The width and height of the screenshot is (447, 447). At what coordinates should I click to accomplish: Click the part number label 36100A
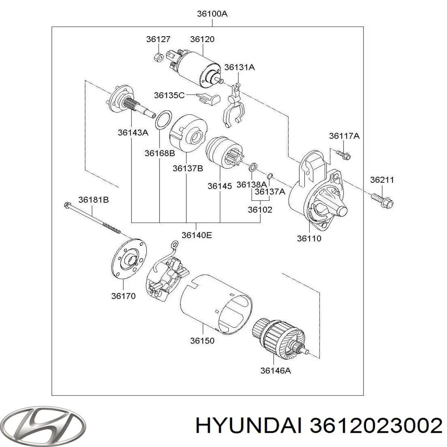[212, 14]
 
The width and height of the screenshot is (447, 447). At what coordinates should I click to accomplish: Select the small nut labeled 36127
[158, 57]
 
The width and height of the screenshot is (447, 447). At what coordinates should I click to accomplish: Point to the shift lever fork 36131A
[234, 106]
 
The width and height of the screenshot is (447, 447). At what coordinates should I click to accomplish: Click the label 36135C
[169, 95]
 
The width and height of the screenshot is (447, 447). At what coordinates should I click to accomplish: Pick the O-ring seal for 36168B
[163, 120]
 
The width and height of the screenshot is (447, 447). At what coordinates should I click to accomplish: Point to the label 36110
[309, 238]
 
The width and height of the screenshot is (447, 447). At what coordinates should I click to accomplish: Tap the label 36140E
[197, 235]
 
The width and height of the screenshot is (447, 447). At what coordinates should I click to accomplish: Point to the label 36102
[260, 210]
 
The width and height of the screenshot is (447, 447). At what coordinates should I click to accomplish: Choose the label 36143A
[133, 132]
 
